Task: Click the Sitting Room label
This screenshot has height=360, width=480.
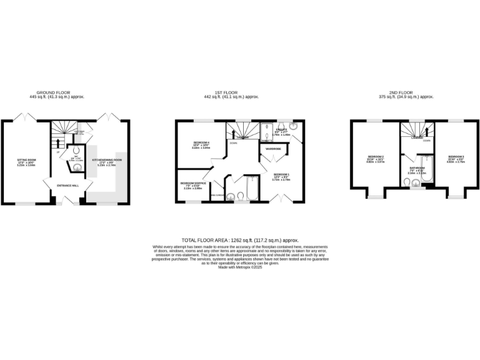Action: pos(26,161)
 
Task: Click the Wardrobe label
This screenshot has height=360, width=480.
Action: pos(273,149)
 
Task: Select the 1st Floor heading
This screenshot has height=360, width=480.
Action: pos(231,93)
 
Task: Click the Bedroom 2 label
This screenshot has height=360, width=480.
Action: pos(376,157)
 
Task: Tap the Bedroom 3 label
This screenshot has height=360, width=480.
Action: pos(456,157)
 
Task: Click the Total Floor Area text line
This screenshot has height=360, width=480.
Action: pos(240,240)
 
